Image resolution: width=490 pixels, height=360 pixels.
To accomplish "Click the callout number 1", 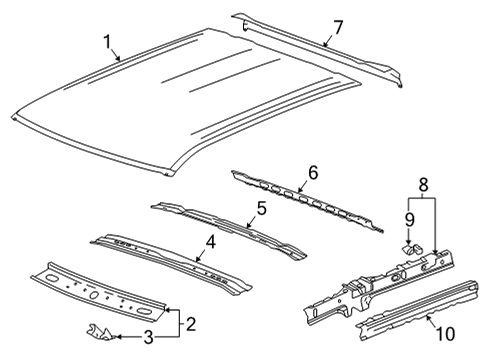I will point(108,42).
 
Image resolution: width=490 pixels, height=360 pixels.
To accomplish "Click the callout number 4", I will point(210,240).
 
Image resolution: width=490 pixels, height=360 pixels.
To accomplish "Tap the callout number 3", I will point(147,340).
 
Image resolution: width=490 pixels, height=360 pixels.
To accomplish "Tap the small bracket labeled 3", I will point(100,335).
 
